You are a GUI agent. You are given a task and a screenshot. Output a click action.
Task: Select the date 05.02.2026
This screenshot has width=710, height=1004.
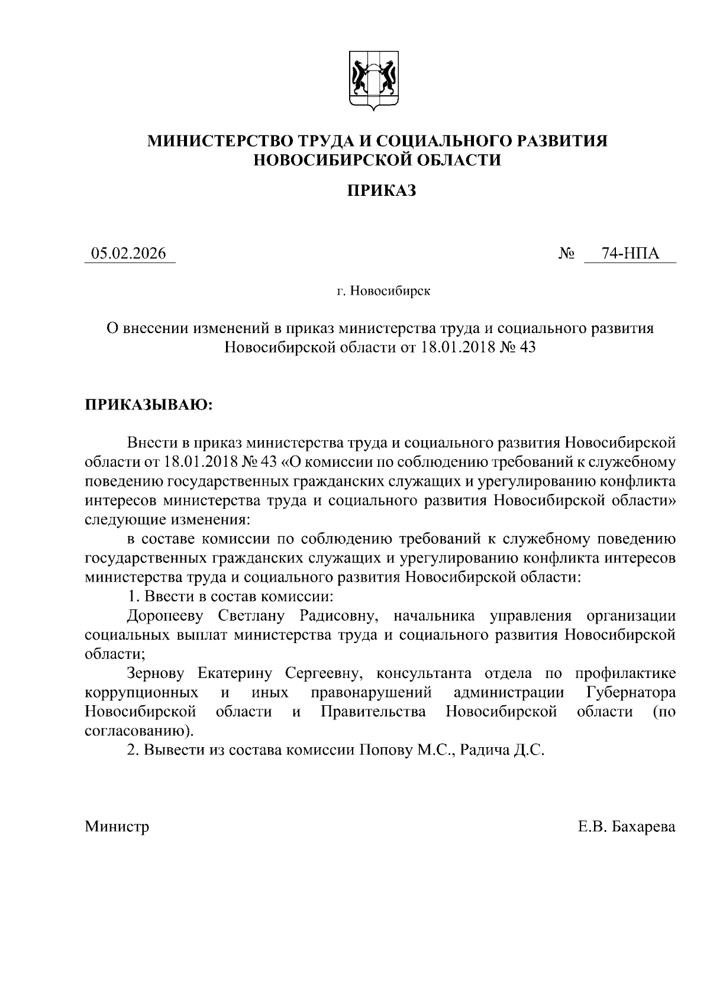point(128,254)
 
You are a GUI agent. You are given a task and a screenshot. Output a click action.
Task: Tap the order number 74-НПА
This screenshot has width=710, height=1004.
point(630,254)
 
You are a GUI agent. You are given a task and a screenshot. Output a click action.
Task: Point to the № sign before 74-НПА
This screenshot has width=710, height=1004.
point(567,254)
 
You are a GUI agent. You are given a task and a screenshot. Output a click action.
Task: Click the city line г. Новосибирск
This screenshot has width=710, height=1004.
point(383,291)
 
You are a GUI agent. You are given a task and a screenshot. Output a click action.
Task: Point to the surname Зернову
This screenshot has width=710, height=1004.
point(156,673)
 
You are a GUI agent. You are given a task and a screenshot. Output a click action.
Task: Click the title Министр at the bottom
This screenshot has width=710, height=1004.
point(117,826)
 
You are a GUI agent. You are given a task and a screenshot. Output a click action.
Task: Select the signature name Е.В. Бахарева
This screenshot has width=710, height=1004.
point(627,826)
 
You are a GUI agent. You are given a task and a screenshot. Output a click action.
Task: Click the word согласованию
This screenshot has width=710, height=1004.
point(138,731)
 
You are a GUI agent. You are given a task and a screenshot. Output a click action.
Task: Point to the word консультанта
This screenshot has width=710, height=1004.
point(424,673)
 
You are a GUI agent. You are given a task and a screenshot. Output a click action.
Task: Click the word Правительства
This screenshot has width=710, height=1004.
point(373,712)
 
